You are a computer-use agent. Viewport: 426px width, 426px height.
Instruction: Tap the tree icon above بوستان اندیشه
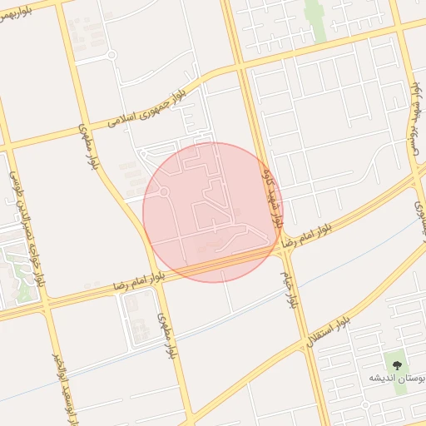pos(395,364)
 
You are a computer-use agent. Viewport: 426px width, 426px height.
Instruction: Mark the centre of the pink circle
pos(213,212)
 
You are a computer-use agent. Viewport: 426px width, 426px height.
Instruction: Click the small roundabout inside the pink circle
pos(164,192)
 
